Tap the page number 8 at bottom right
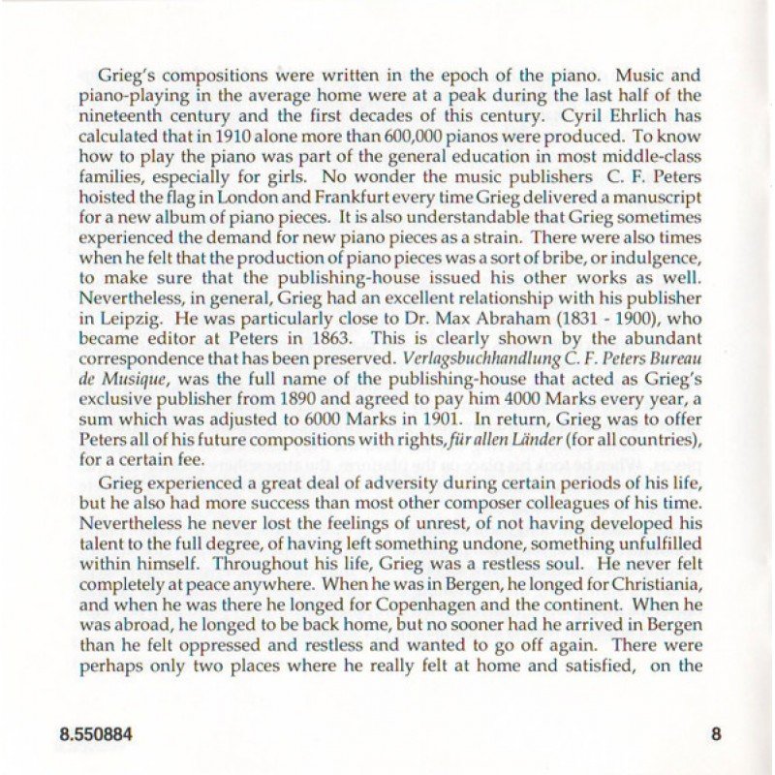point(716,734)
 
